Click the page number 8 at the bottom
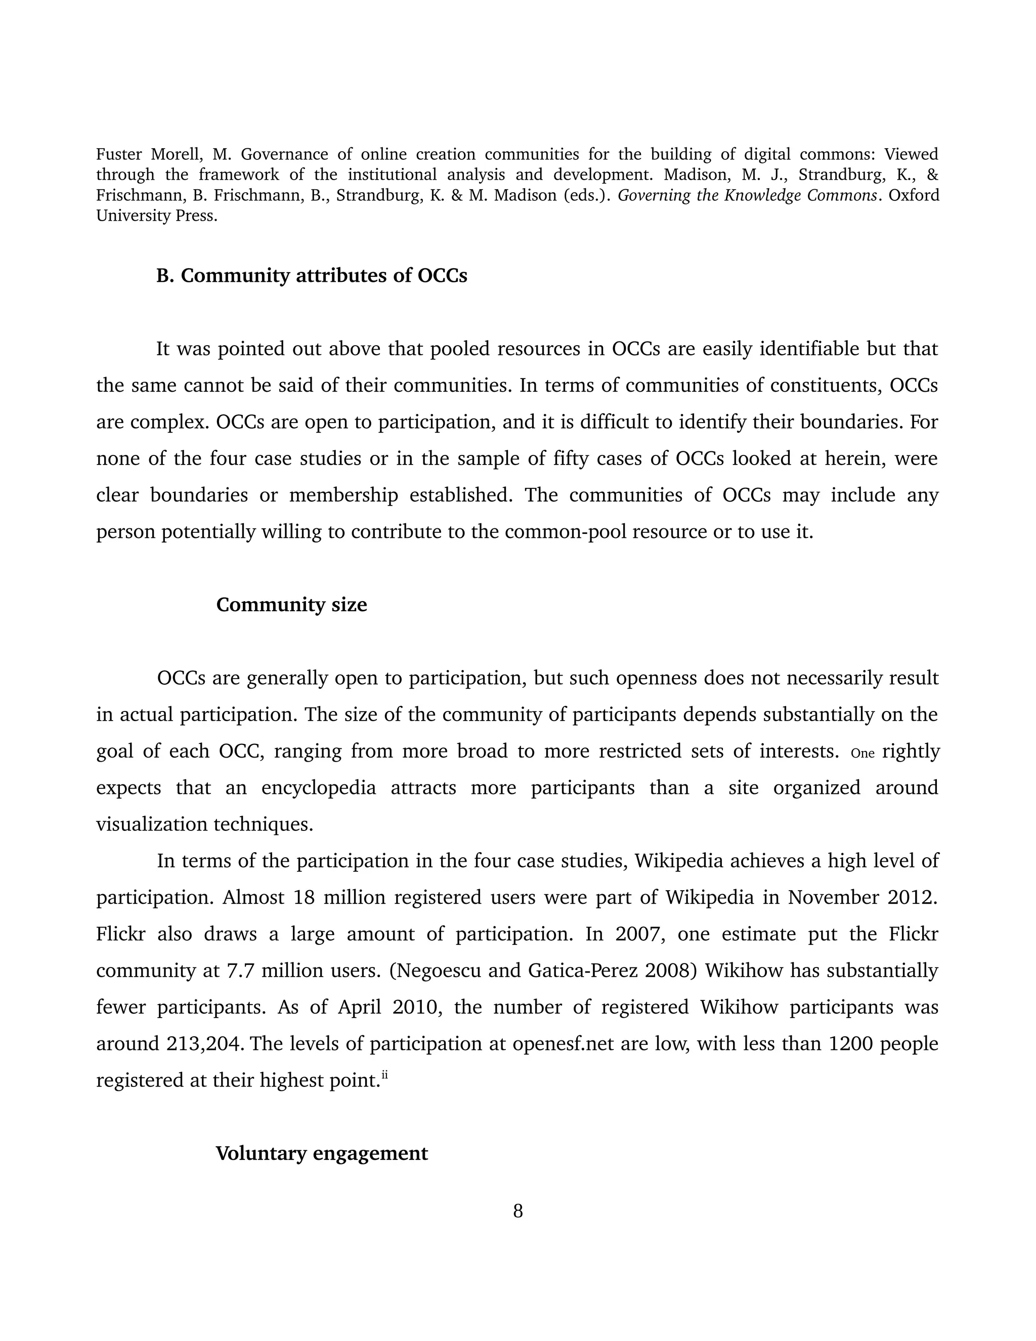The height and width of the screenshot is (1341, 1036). click(x=517, y=1211)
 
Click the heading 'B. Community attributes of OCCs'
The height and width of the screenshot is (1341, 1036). click(x=311, y=276)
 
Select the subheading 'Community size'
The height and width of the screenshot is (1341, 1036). click(x=291, y=605)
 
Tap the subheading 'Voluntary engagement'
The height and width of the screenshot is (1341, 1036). click(x=322, y=1153)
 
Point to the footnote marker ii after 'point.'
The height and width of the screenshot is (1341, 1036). click(x=385, y=1074)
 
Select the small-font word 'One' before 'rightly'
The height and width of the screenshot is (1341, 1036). click(x=862, y=753)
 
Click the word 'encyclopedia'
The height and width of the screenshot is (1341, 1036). click(x=319, y=788)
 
